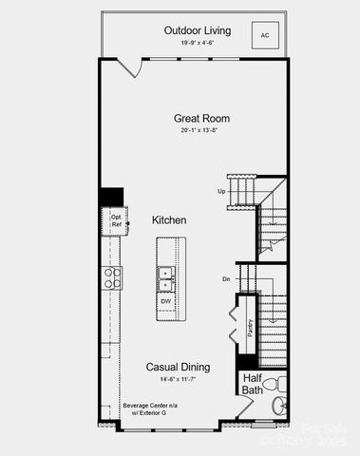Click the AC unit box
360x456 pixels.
point(265,34)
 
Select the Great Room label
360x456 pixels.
point(201,119)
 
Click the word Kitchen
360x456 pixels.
point(169,220)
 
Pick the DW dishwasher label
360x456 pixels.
point(165,301)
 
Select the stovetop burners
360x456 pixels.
point(112,277)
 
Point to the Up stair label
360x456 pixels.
point(221,192)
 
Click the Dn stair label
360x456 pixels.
point(226,279)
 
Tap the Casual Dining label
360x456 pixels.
point(178,367)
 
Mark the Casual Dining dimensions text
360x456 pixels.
point(178,380)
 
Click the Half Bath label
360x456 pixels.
point(252,384)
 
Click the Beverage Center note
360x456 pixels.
point(144,409)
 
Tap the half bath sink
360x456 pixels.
point(278,407)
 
